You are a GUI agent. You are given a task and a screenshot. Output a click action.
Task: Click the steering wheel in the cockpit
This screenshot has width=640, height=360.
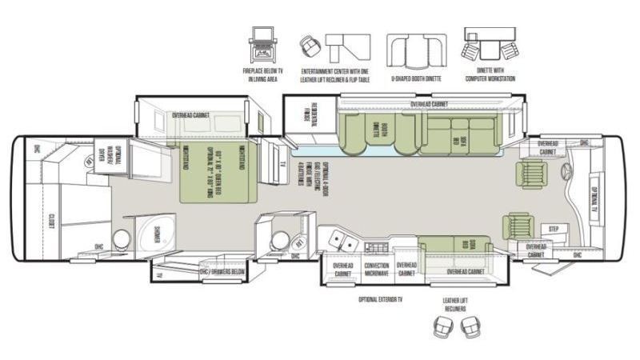pyautogui.click(x=566, y=171)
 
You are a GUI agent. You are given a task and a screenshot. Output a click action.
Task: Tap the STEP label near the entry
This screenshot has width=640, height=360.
pyautogui.click(x=553, y=229)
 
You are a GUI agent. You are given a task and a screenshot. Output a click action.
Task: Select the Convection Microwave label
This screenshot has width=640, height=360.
pyautogui.click(x=376, y=270)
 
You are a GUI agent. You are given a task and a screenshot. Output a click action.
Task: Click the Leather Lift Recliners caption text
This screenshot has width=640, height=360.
pyautogui.click(x=454, y=305)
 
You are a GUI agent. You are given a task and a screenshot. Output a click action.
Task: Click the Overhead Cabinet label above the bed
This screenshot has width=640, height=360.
pyautogui.click(x=191, y=115)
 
